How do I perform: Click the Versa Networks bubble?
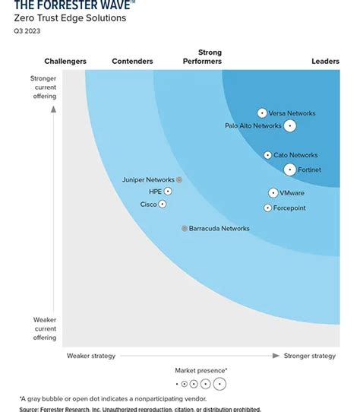[x=262, y=113]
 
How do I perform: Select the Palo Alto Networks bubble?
[x=289, y=125]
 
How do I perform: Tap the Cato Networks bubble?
[x=267, y=155]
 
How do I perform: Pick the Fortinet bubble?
[x=290, y=170]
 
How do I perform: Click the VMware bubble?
[x=273, y=193]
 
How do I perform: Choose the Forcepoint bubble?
[x=267, y=208]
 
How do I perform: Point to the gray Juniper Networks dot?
[x=179, y=180]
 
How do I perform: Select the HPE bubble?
[x=168, y=192]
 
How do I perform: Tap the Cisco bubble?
[x=162, y=204]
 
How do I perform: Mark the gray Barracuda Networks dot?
[x=184, y=228]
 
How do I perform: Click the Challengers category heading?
[x=65, y=62]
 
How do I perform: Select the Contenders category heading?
[x=132, y=62]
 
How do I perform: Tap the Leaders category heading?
[x=325, y=62]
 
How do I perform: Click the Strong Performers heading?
[x=204, y=57]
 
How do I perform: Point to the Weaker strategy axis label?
[x=91, y=356]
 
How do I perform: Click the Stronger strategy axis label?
[x=309, y=356]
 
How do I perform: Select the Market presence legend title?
[x=201, y=370]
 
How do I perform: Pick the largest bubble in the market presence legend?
[x=219, y=384]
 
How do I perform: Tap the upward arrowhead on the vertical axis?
[x=54, y=108]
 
